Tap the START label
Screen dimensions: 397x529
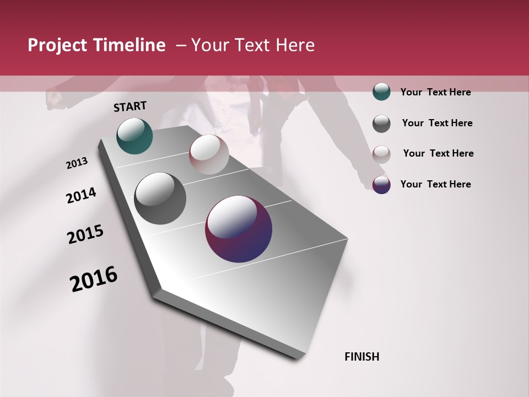(130, 106)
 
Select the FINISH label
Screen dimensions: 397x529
(361, 357)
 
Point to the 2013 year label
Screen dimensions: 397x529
(77, 163)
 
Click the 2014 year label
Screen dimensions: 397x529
(81, 196)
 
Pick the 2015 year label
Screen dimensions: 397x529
(85, 235)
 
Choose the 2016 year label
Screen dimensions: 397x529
(94, 279)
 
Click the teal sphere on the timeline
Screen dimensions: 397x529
(134, 136)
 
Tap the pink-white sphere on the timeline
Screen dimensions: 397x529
(209, 154)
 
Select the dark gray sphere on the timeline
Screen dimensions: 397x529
(160, 198)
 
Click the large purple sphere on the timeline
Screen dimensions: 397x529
(239, 229)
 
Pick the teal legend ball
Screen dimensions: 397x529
(381, 92)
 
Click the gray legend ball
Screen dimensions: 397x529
(381, 124)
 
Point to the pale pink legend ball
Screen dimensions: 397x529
(381, 154)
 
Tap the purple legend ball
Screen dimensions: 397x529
(381, 185)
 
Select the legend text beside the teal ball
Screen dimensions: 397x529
(435, 93)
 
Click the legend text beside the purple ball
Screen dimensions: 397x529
(435, 184)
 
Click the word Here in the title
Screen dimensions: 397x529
(295, 45)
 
